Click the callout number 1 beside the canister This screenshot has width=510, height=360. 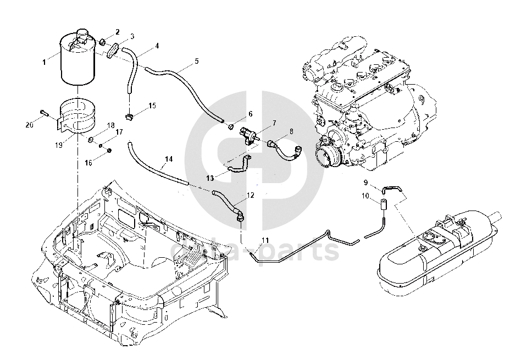pos(45,62)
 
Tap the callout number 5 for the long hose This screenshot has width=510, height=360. pos(197,61)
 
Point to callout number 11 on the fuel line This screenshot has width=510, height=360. pos(265,240)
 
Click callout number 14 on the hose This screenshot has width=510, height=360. pos(169,159)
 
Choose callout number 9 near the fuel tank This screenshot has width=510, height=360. pos(365,182)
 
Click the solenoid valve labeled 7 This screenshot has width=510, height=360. pos(248,134)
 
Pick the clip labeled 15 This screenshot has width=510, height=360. pos(130,115)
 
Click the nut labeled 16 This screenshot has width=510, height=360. pos(109,150)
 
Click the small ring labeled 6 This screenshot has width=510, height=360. pos(230,128)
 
